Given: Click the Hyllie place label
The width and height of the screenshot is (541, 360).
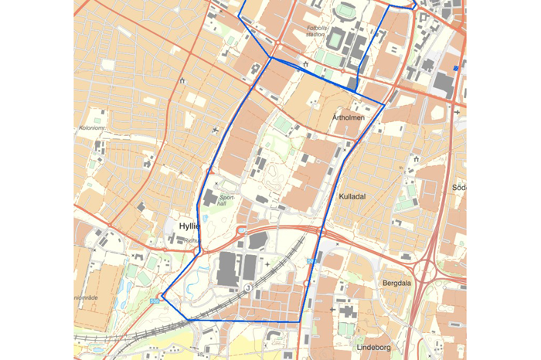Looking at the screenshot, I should (x=189, y=226).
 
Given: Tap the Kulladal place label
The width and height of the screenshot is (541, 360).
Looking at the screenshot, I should (x=352, y=197).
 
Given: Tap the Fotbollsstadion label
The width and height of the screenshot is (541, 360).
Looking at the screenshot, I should (x=315, y=30).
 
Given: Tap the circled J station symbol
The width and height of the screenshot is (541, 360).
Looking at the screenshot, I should (x=248, y=287).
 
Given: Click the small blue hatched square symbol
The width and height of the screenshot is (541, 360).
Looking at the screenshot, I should (x=456, y=69).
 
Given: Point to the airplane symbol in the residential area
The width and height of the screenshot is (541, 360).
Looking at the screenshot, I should (x=214, y=129).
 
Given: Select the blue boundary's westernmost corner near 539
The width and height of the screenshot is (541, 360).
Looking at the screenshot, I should (x=163, y=296).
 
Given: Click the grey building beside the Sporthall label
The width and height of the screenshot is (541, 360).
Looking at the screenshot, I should (x=210, y=199).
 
